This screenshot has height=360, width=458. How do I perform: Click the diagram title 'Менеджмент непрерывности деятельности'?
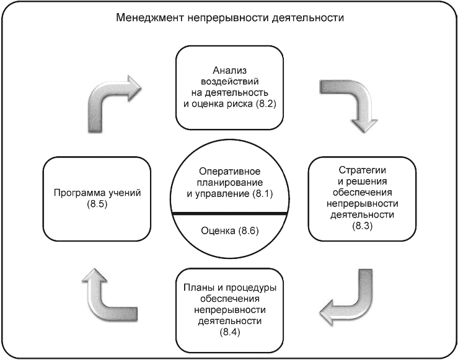pyautogui.click(x=229, y=18)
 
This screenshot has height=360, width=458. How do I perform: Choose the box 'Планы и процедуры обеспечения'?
pyautogui.click(x=229, y=310)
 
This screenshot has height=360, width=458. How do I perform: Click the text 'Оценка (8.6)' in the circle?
pyautogui.click(x=229, y=231)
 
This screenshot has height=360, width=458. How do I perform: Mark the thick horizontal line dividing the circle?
pyautogui.click(x=229, y=214)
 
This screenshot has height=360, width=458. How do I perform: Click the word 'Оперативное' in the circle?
pyautogui.click(x=229, y=171)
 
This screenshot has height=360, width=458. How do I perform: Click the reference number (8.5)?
pyautogui.click(x=97, y=205)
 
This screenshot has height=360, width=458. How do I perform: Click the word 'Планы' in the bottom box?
pyautogui.click(x=197, y=287)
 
